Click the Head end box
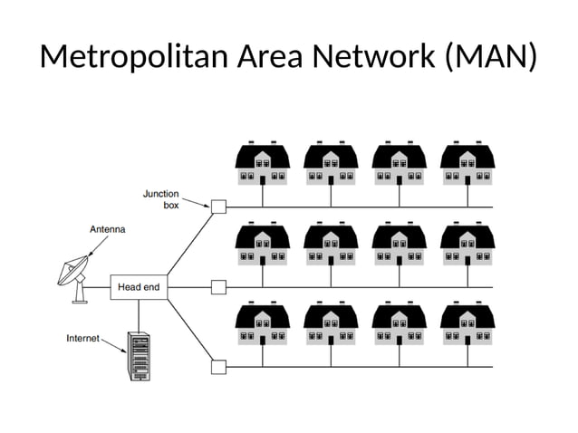pyautogui.click(x=139, y=287)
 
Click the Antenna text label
pyautogui.click(x=107, y=230)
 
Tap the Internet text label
pyautogui.click(x=83, y=338)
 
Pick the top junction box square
pyautogui.click(x=218, y=207)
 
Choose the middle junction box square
pyautogui.click(x=218, y=287)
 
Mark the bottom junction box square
pyautogui.click(x=218, y=367)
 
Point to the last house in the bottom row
pyautogui.click(x=467, y=322)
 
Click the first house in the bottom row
pyautogui.click(x=263, y=322)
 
